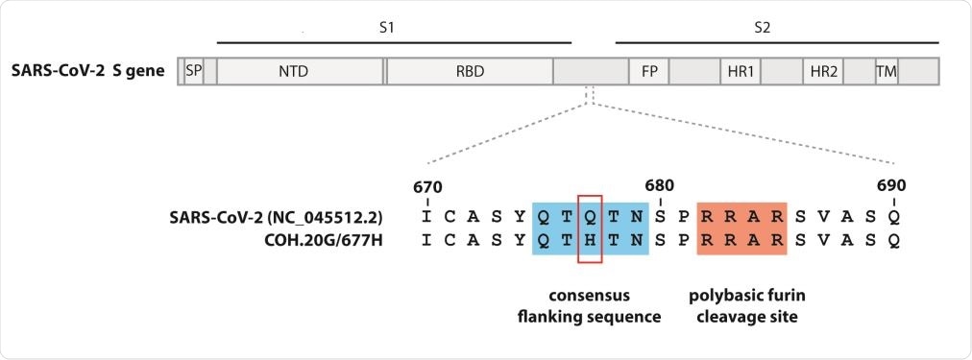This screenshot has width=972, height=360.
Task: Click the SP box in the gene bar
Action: click(x=193, y=71)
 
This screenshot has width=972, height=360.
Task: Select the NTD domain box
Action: click(x=299, y=71)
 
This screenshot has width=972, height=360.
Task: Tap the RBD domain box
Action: click(x=469, y=71)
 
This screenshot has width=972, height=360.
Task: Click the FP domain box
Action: click(x=648, y=71)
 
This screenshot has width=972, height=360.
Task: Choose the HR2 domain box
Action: click(x=823, y=71)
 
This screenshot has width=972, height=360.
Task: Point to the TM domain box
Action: click(x=886, y=71)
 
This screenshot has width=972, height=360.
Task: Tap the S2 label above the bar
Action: click(x=762, y=29)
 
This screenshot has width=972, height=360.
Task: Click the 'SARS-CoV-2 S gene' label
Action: click(x=88, y=71)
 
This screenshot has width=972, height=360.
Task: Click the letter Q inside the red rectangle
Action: click(x=590, y=216)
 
